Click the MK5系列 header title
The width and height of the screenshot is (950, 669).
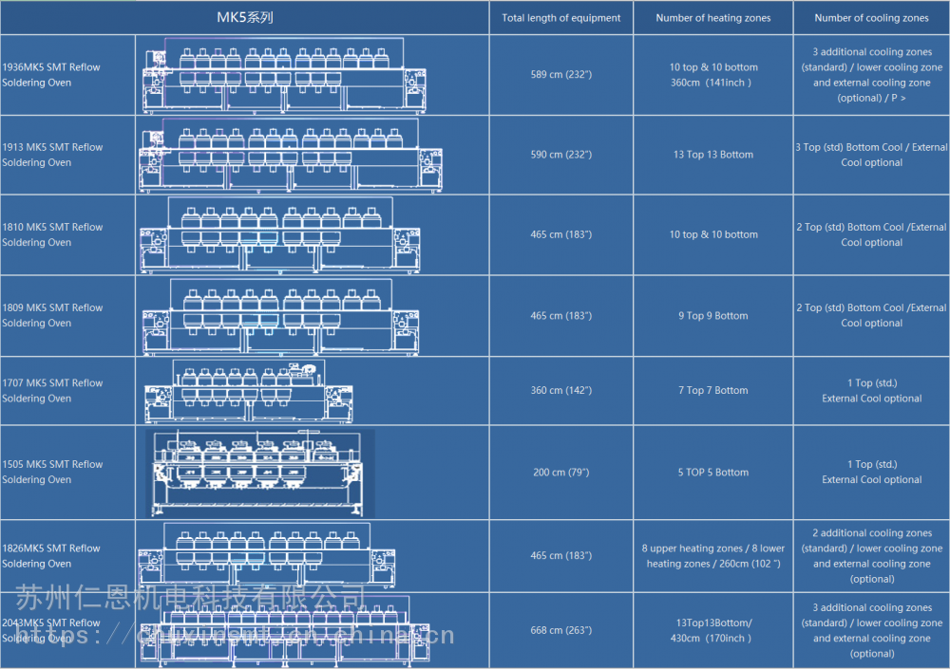[x=245, y=17]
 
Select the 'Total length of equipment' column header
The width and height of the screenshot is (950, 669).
[x=561, y=18]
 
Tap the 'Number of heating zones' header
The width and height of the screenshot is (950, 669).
[x=713, y=18]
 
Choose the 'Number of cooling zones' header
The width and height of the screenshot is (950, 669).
[x=871, y=18]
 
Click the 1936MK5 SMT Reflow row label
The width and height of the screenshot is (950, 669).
[x=51, y=75]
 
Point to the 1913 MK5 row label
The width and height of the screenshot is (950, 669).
[x=52, y=155]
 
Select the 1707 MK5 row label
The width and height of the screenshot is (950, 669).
[x=52, y=391]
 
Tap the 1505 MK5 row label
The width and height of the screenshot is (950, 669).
[x=52, y=472]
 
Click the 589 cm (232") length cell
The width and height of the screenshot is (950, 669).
[x=561, y=75]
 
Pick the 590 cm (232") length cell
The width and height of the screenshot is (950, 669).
[x=561, y=155]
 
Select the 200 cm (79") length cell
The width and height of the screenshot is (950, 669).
[x=561, y=473]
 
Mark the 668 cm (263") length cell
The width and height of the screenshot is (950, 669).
[x=561, y=631]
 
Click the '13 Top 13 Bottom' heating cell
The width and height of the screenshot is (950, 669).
[x=713, y=155]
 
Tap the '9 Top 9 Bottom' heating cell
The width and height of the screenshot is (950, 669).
[x=713, y=316]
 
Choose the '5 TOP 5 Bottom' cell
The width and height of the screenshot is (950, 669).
[x=713, y=473]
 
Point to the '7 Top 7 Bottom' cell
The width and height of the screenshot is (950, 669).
[x=713, y=391]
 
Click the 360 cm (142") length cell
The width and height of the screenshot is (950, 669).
[x=561, y=391]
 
